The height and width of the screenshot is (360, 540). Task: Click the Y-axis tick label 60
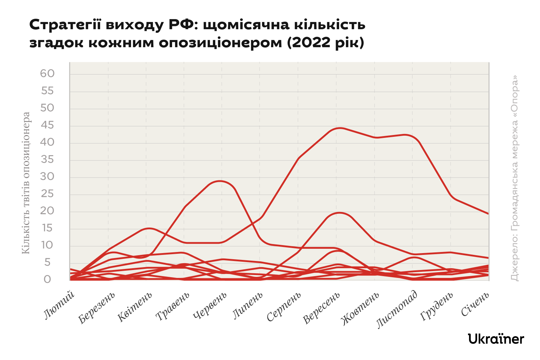[x=47, y=73]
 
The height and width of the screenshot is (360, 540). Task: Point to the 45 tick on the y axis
[x=47, y=125]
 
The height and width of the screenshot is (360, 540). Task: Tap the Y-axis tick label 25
[x=47, y=194]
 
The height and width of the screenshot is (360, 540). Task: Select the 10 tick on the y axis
[x=47, y=245]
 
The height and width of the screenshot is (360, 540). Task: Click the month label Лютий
[x=59, y=305]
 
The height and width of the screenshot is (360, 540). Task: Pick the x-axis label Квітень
[x=135, y=307]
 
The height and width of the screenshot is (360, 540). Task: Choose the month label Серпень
[x=284, y=307]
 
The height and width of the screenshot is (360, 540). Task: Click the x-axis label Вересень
[x=321, y=308]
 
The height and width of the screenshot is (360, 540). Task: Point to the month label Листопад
[x=397, y=310]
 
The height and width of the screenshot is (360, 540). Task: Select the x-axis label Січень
[x=475, y=304]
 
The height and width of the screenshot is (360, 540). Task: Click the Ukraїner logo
[x=496, y=339]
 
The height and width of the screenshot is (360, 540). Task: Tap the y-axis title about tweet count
[x=26, y=183]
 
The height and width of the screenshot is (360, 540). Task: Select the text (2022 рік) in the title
[x=325, y=43]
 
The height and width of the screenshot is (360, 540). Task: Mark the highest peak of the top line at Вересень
[x=339, y=128]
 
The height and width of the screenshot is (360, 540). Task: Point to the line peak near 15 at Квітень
[x=149, y=228]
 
